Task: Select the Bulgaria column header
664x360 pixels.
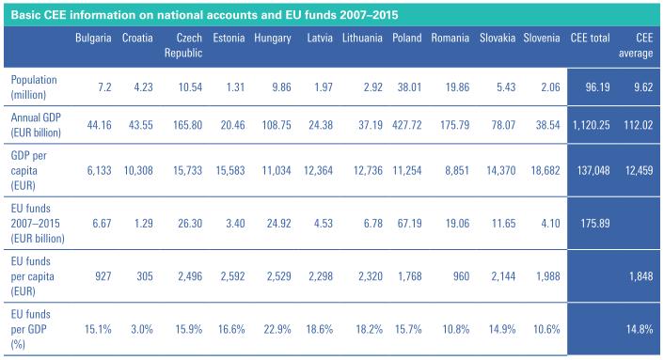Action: (93, 39)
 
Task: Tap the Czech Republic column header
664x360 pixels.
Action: (183, 45)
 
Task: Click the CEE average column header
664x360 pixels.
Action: (636, 45)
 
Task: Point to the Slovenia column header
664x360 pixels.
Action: (542, 39)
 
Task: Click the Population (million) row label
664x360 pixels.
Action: (34, 87)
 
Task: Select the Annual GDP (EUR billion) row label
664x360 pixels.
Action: (36, 125)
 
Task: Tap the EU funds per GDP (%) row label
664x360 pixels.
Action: (30, 329)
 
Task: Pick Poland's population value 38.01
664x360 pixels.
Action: (409, 87)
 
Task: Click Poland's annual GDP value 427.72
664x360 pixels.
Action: (407, 125)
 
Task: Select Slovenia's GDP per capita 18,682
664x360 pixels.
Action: (545, 170)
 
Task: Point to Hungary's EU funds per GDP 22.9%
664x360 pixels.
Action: (277, 329)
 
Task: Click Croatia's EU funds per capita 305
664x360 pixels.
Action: (145, 276)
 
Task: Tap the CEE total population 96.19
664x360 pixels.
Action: (597, 87)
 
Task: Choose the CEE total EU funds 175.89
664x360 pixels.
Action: (595, 224)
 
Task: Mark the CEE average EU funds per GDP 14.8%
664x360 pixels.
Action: (640, 329)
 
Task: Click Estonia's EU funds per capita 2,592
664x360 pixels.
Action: (232, 276)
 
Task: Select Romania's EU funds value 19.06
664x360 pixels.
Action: (457, 224)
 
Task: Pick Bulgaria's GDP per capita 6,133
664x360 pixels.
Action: (99, 170)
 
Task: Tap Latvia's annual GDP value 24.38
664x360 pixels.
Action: (321, 125)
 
